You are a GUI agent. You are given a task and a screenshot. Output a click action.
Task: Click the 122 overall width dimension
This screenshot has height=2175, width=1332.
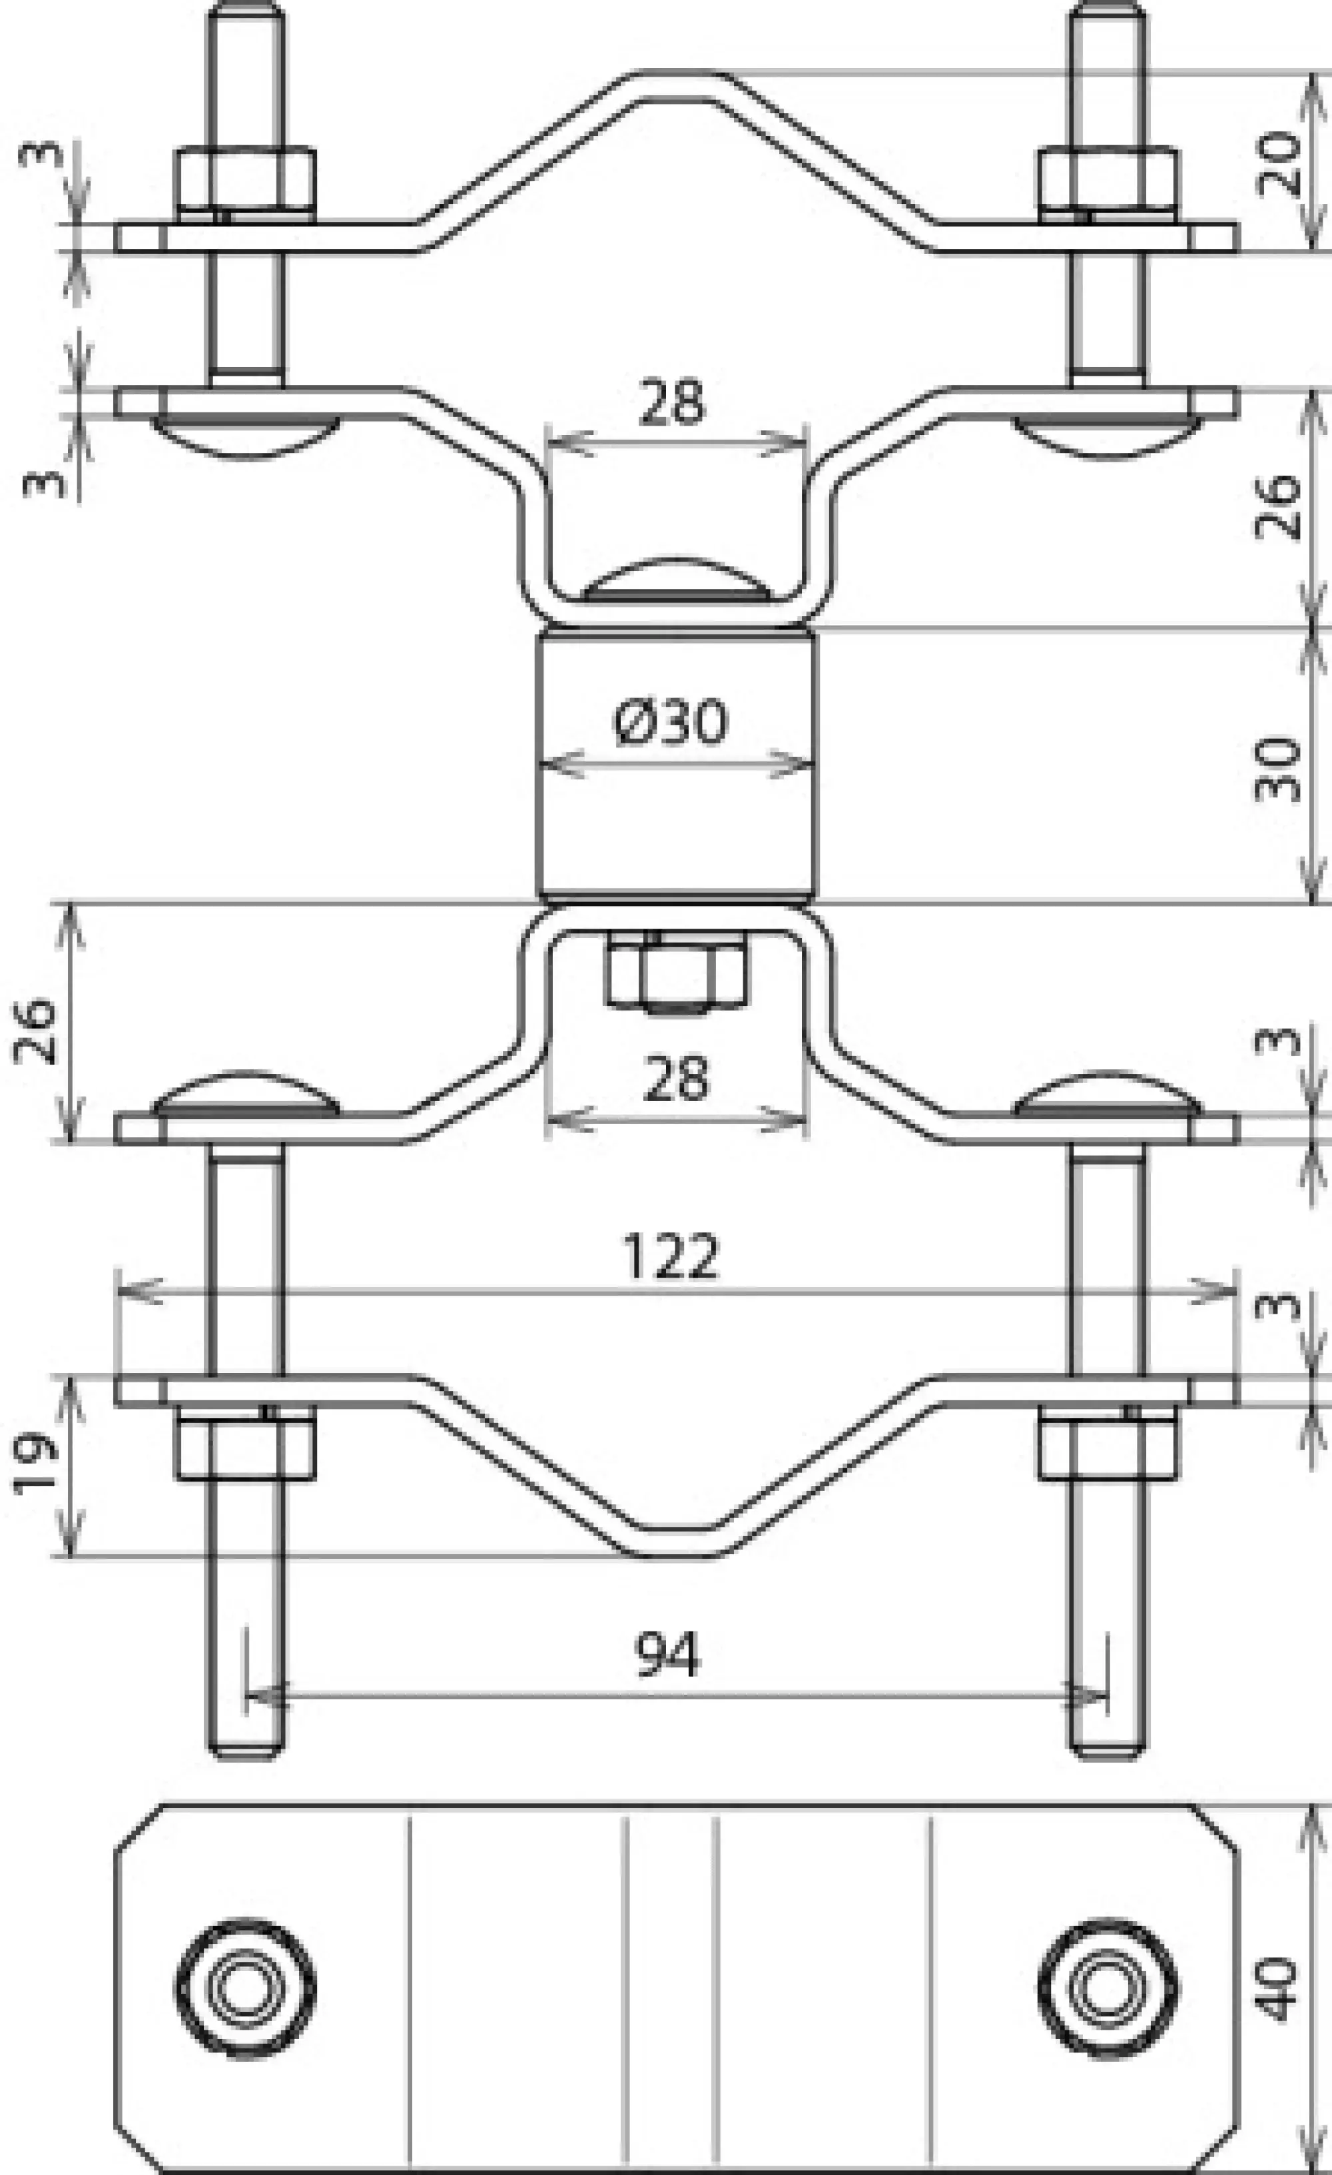[671, 1257]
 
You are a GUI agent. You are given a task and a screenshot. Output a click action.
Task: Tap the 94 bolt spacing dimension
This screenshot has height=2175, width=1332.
[667, 1655]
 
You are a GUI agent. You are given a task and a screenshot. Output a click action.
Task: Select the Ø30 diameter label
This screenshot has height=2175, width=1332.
[671, 721]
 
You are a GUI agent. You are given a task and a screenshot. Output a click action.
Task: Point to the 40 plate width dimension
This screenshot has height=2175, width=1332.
[1277, 1988]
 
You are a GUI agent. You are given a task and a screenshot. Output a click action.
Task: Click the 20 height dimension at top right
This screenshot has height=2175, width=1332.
[1278, 163]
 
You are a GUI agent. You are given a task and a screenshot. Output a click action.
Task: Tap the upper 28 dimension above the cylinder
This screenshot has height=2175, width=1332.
[673, 402]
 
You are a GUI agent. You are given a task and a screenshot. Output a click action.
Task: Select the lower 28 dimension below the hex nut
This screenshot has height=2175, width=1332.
[676, 1079]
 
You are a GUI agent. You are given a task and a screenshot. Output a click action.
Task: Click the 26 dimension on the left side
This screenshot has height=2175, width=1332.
[35, 1031]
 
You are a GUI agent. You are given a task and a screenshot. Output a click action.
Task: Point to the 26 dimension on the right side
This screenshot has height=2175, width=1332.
[1277, 507]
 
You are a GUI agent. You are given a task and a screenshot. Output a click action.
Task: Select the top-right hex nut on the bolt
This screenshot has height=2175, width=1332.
[1107, 179]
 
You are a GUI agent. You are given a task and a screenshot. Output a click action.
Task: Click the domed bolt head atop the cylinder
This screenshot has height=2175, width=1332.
[675, 581]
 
